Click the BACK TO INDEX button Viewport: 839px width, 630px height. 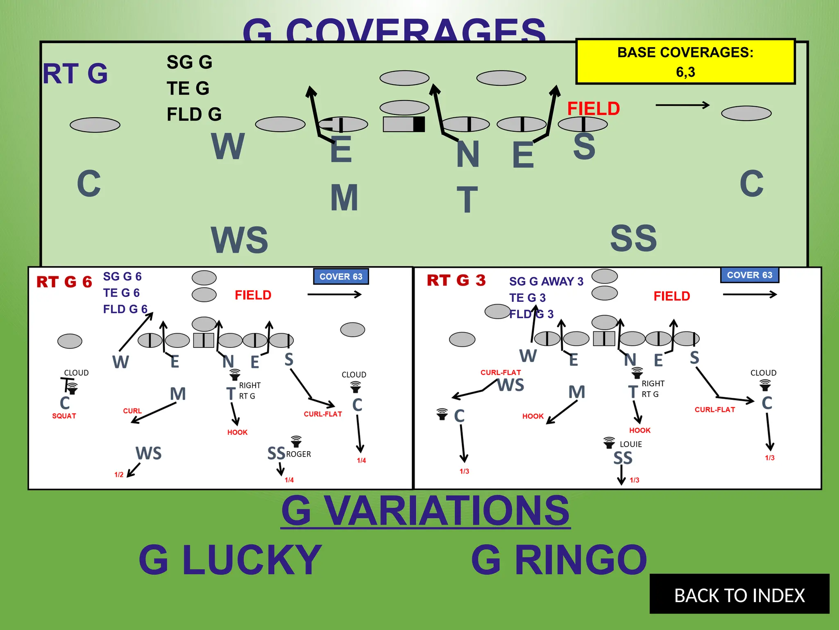[x=739, y=594]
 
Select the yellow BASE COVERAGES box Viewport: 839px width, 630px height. [x=685, y=62]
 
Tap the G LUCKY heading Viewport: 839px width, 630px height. [x=230, y=559]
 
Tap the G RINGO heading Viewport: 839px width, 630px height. [x=559, y=559]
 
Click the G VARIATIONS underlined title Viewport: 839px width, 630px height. [x=425, y=510]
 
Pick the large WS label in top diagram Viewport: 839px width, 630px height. [x=240, y=240]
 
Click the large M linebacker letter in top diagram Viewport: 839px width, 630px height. [x=344, y=198]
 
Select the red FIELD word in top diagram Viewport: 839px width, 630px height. [x=593, y=109]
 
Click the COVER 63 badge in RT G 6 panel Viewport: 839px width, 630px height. [x=341, y=276]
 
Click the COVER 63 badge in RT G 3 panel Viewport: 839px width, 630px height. [x=749, y=275]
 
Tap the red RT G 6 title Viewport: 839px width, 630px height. [x=64, y=282]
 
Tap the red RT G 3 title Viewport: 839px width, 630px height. [x=456, y=281]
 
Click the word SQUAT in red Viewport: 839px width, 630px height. [x=64, y=416]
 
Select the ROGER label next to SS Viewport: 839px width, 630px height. [x=298, y=454]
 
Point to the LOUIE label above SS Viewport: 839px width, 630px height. [x=630, y=444]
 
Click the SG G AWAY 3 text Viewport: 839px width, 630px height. [x=546, y=281]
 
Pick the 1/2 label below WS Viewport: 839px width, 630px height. [x=119, y=475]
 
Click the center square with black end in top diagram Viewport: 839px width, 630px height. [x=404, y=124]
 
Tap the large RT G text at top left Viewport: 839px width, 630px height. [x=75, y=74]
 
